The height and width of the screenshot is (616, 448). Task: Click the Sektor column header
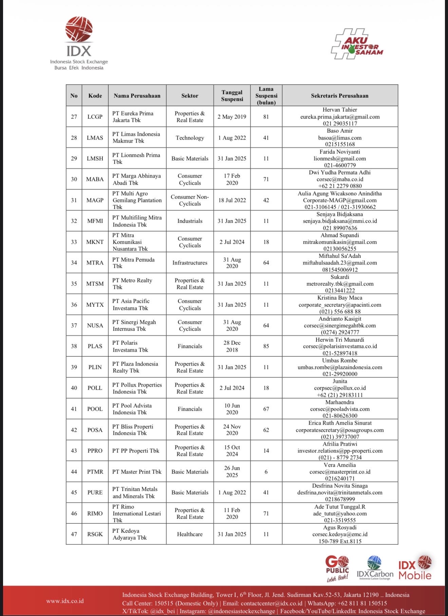[x=190, y=96]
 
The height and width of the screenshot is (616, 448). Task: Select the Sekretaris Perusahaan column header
[x=339, y=96]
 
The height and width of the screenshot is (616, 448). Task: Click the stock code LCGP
[x=95, y=117]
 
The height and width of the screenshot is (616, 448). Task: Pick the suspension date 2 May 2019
[x=232, y=117]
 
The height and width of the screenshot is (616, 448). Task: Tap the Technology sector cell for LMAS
[x=190, y=138]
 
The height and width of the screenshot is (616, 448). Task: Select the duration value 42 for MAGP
[x=266, y=200]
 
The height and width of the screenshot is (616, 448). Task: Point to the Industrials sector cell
[x=190, y=221]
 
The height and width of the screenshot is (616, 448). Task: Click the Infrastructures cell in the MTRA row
[x=190, y=263]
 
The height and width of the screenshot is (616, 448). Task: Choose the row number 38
[x=74, y=346]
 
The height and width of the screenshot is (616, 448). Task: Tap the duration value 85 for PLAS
[x=266, y=346]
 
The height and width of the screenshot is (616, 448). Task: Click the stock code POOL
[x=95, y=409]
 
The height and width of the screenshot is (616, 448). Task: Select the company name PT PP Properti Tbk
[x=135, y=451]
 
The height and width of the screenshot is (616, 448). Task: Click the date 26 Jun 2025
[x=232, y=471]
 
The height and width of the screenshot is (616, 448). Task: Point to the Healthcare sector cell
[x=190, y=534]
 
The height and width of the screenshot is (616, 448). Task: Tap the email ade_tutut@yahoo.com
[x=340, y=514]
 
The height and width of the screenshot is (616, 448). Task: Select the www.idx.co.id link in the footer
[x=65, y=601]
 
